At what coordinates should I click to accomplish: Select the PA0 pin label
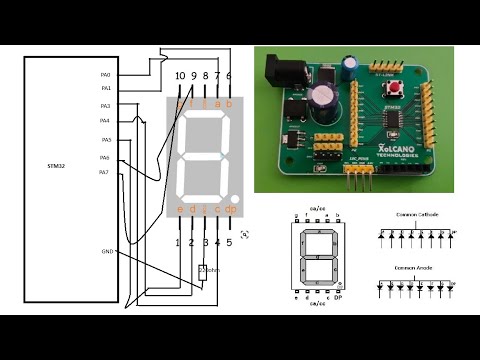coord(105,75)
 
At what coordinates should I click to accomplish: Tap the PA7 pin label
coord(104,173)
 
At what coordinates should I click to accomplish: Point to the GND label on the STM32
coord(107,251)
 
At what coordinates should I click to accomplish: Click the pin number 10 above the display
coord(179,76)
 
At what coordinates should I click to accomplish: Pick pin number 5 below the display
coord(229,242)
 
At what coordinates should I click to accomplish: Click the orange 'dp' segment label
coord(230,209)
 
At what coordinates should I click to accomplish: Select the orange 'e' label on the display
coord(180,209)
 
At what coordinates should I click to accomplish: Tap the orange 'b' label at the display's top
coord(229,103)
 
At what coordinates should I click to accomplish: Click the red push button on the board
coord(397,93)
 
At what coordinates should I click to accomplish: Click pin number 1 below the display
coord(179,242)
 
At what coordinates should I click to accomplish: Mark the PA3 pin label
coord(105,105)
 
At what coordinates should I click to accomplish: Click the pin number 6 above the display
coord(229,76)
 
